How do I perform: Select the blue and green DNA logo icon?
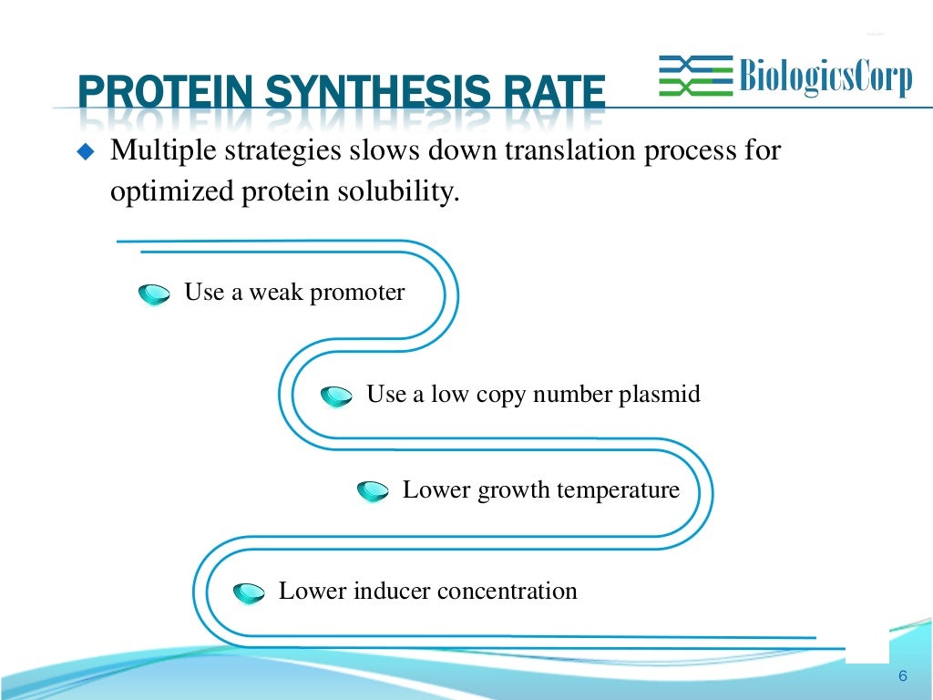[695, 76]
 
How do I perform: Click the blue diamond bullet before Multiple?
[87, 151]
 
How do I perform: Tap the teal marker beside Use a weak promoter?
[154, 294]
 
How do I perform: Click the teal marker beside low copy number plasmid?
[336, 396]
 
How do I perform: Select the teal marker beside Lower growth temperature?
[373, 492]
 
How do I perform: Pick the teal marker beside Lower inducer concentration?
[249, 593]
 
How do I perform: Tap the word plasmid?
[660, 395]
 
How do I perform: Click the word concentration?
[507, 592]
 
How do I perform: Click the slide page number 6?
[902, 675]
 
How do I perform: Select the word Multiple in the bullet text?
[160, 150]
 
